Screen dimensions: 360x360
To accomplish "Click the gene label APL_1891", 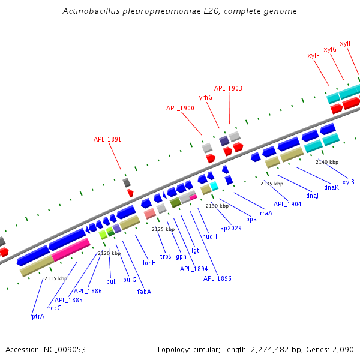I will (x=107, y=139).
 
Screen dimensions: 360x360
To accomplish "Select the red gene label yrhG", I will (x=206, y=97).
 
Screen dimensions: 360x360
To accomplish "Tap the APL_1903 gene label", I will (x=228, y=88).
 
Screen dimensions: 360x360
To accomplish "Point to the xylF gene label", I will (x=313, y=55).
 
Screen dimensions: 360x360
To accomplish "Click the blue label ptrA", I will (x=38, y=316).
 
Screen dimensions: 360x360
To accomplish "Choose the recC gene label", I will (x=55, y=308).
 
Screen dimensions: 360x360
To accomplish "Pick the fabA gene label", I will (x=144, y=292).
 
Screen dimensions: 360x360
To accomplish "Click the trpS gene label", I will (x=166, y=256).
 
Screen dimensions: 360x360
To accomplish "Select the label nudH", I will (x=209, y=236).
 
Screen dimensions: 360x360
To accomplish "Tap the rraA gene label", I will (x=266, y=212).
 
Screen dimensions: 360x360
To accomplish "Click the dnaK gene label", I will (x=331, y=187).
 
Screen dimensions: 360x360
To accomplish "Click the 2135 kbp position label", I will (x=271, y=184).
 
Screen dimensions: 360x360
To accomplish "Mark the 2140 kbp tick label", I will (x=327, y=162).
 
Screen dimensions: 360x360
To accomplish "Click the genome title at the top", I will (x=180, y=11).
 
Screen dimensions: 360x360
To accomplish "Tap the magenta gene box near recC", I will (x=71, y=249).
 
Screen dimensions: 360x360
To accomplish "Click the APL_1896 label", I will (x=217, y=278).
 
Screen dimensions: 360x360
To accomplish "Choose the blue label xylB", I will (x=348, y=182).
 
